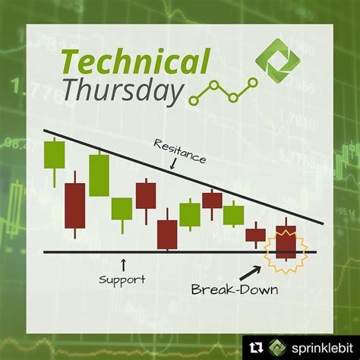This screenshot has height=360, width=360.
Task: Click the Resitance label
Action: click(x=179, y=150)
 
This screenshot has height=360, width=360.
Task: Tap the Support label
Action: click(x=122, y=279)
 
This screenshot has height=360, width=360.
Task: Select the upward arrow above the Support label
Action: click(x=123, y=262)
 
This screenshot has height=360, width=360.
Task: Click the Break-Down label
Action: click(x=232, y=289)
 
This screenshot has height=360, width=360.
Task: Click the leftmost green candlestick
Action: click(x=54, y=155)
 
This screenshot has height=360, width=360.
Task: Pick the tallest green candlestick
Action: click(x=99, y=175)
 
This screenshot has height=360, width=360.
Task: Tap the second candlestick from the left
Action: click(x=75, y=205)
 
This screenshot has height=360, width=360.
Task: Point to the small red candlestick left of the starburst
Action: click(x=256, y=234)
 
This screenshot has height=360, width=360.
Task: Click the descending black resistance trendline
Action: click(x=190, y=176)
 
